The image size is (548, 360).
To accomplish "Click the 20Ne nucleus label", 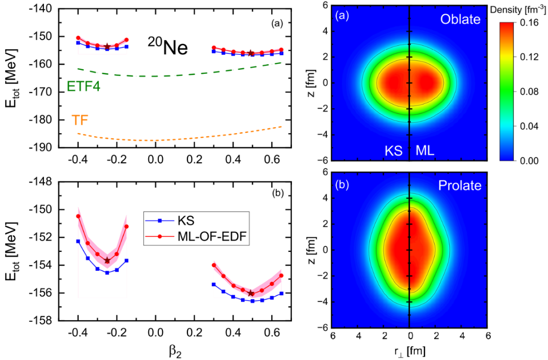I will [167, 48].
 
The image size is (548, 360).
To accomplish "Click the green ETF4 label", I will [84, 86].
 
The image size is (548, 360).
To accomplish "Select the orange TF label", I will [80, 120].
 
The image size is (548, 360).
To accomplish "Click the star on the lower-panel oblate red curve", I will [107, 260].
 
